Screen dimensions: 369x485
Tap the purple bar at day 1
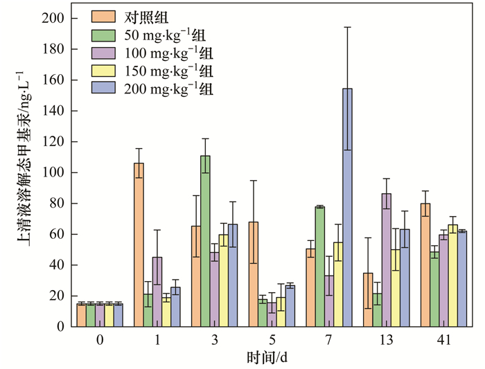158,291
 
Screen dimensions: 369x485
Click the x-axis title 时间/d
272,357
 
